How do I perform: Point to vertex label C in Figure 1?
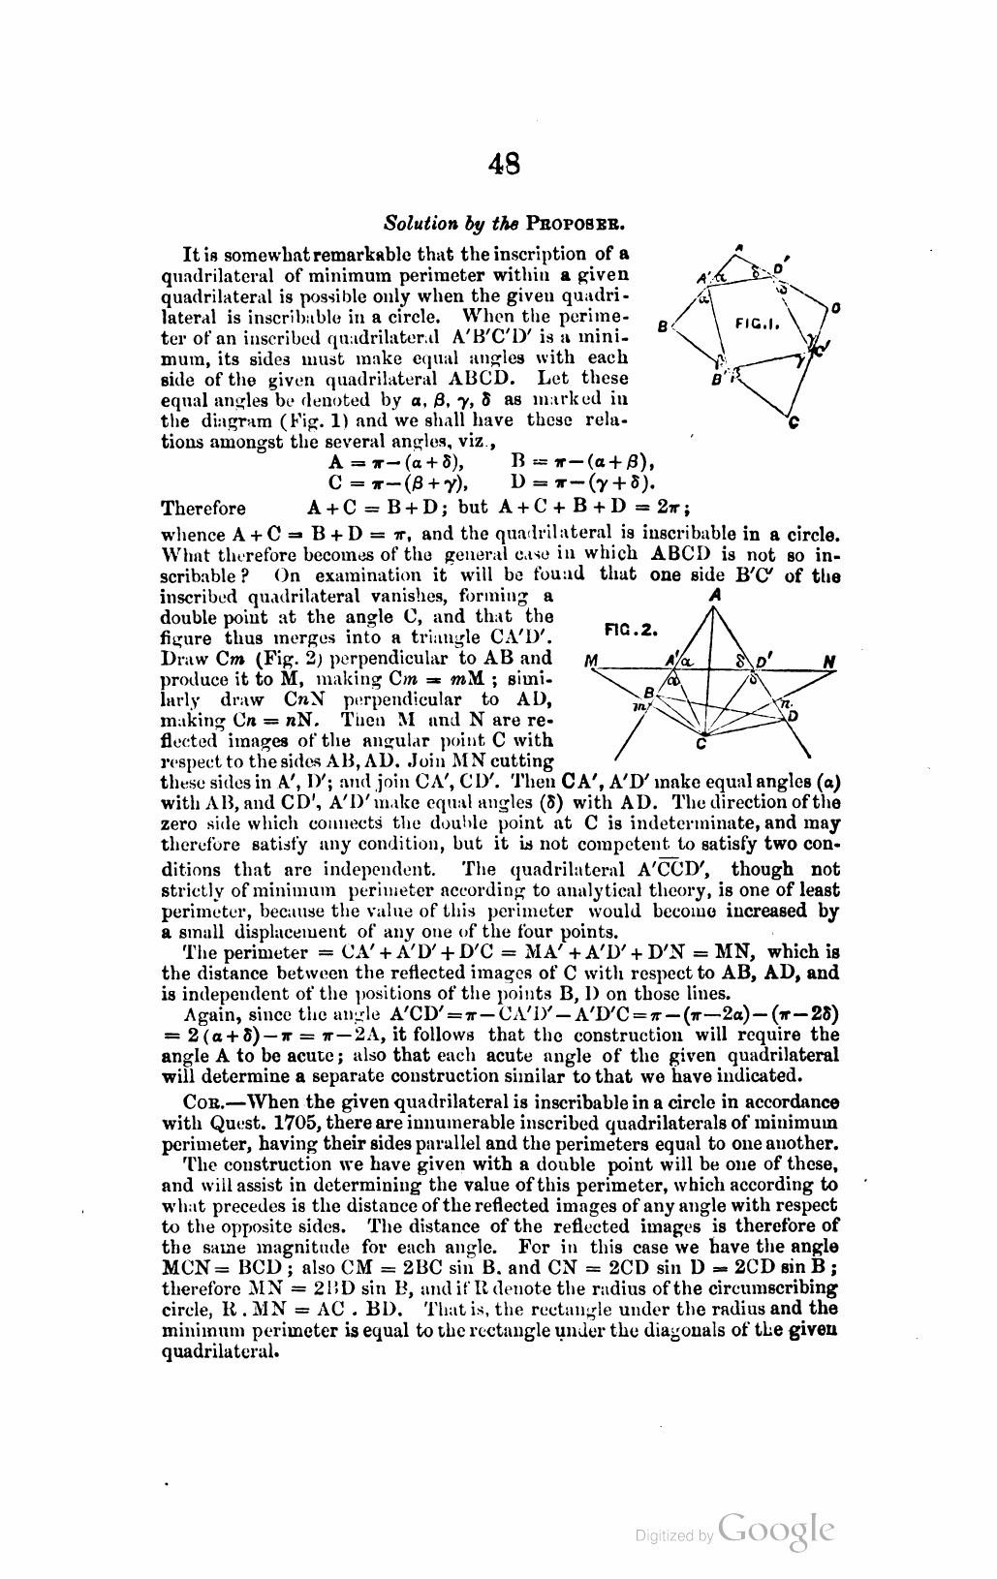point(793,422)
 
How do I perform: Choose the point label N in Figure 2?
point(829,663)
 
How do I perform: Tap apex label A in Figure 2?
point(715,597)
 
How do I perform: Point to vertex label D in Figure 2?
point(793,716)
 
